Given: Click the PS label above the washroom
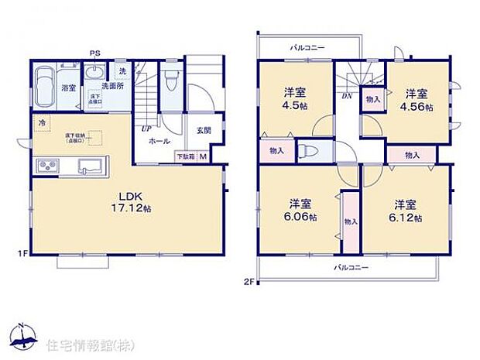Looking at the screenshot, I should (94, 53).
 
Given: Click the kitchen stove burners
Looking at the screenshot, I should (45, 165).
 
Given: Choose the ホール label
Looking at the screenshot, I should (159, 142).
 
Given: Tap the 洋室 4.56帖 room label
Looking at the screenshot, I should (418, 100).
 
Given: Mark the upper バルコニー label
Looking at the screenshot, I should (308, 47).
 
